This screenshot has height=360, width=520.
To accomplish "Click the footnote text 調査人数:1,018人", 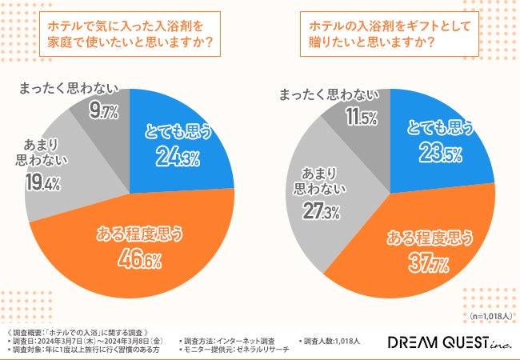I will [x=330, y=342].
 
